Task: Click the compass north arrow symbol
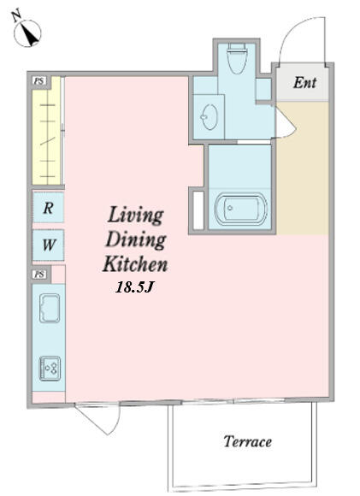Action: [x=28, y=32]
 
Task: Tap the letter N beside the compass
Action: [x=16, y=15]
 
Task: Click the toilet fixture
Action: [x=237, y=58]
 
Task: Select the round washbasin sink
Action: [x=210, y=116]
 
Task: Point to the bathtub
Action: [x=241, y=208]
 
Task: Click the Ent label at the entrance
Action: [x=304, y=83]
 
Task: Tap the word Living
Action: [x=135, y=216]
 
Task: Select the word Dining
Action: [x=136, y=240]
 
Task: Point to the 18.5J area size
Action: [x=134, y=287]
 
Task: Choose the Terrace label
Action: [x=248, y=441]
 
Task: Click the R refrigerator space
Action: [x=49, y=208]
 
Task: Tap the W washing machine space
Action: [x=49, y=245]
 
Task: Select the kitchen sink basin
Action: [x=50, y=308]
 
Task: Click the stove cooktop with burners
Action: [x=50, y=369]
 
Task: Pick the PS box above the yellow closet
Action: [x=39, y=81]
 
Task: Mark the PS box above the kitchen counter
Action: [x=39, y=275]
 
